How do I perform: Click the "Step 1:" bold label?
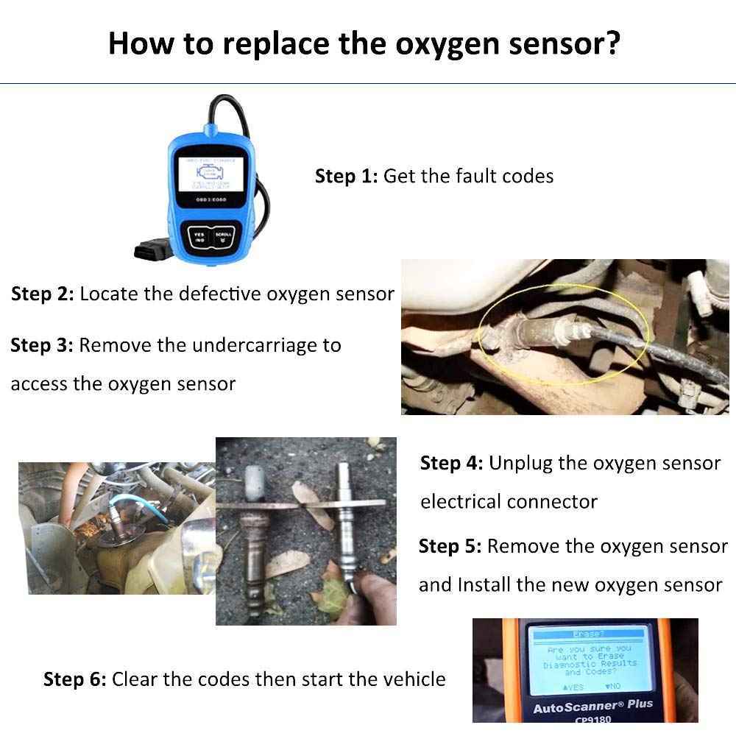coord(346,177)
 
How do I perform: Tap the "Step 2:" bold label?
coord(42,294)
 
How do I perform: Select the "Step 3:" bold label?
coord(41,345)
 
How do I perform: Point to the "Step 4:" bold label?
coord(451,464)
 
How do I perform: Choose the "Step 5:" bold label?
coord(450,547)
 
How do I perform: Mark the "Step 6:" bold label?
coord(74,679)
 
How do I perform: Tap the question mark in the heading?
coord(611,43)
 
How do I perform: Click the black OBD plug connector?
coord(150,250)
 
